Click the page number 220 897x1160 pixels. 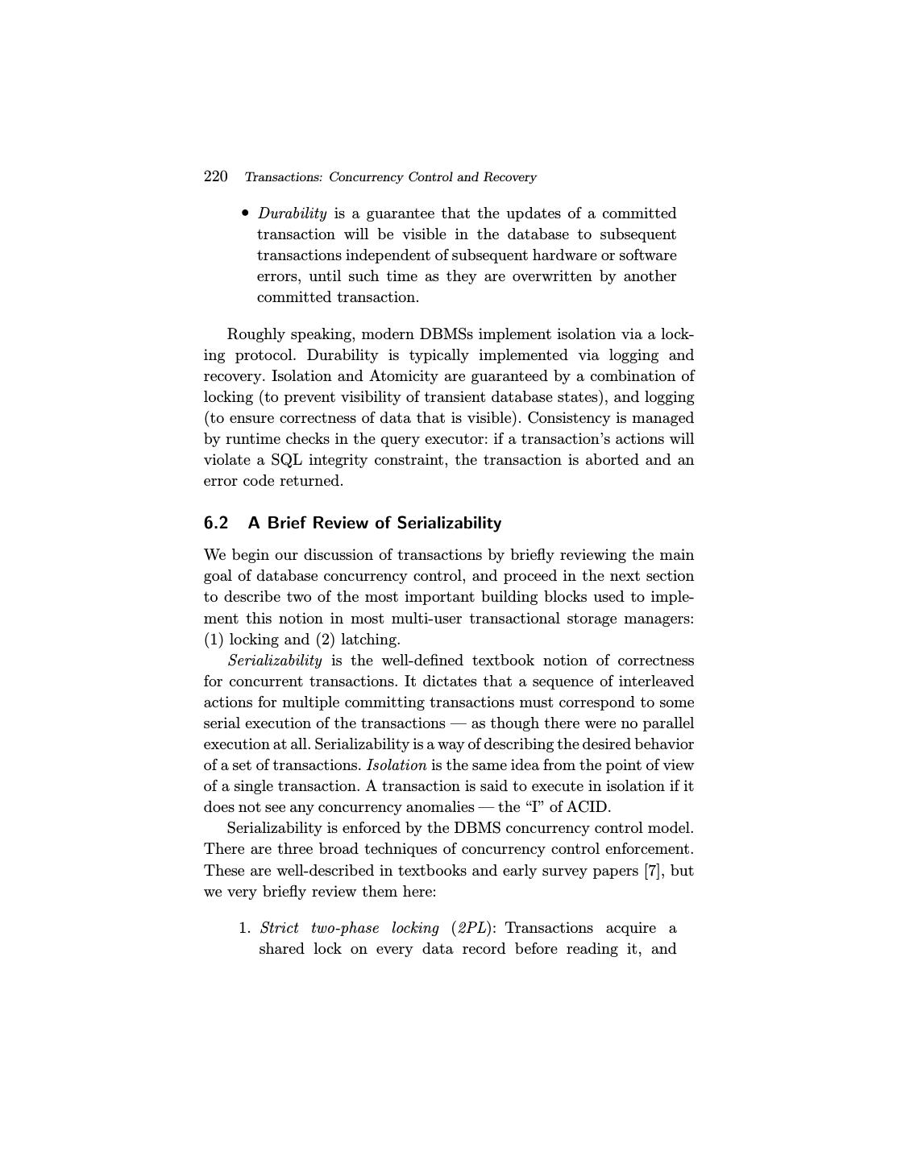point(215,176)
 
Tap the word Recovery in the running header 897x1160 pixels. point(508,177)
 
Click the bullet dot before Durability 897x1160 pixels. point(245,213)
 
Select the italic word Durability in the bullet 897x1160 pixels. point(292,213)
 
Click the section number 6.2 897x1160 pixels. point(216,523)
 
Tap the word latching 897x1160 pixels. point(371,640)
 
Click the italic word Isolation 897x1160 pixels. point(396,765)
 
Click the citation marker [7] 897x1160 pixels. point(652,871)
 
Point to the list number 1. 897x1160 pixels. point(245,928)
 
